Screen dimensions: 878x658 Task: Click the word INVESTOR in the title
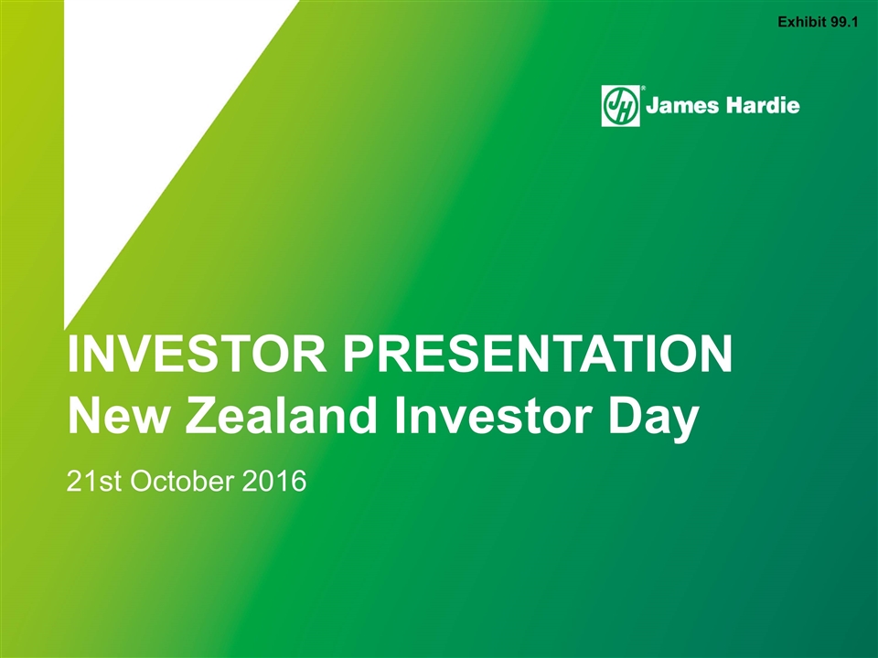[x=197, y=354]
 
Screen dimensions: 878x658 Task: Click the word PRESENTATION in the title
[x=538, y=354]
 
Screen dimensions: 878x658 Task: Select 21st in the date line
[x=93, y=482]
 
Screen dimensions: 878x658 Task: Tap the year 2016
[x=274, y=482]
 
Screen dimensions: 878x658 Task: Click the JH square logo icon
[x=620, y=106]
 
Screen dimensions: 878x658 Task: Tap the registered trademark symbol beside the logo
[x=643, y=88]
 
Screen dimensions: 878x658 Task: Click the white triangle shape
[x=140, y=111]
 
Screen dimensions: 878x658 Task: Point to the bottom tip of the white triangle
[x=65, y=330]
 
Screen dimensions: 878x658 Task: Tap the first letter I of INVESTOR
[x=71, y=354]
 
